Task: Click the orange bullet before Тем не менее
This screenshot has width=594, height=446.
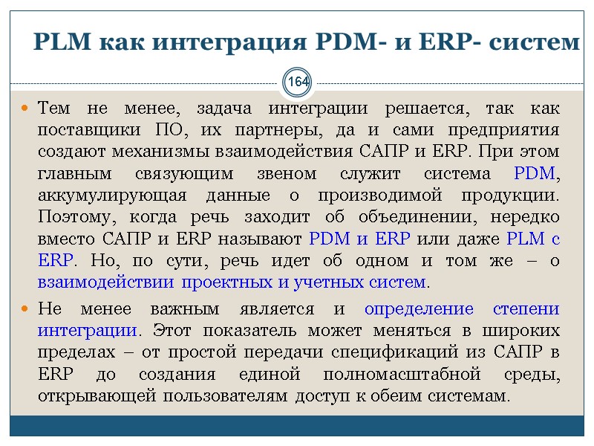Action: tap(25, 109)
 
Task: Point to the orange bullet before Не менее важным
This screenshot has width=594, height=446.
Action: tap(25, 309)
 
